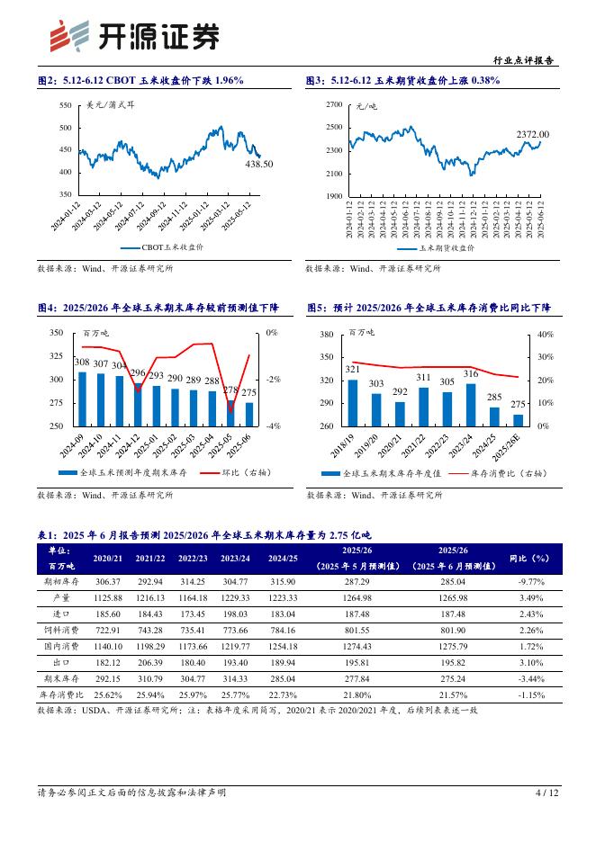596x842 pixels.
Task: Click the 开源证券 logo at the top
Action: coord(133,35)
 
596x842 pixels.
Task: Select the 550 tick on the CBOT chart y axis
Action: coord(65,106)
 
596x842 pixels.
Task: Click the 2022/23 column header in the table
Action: coord(193,559)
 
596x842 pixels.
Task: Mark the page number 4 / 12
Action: coord(546,793)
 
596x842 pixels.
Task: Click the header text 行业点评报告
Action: coord(525,61)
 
